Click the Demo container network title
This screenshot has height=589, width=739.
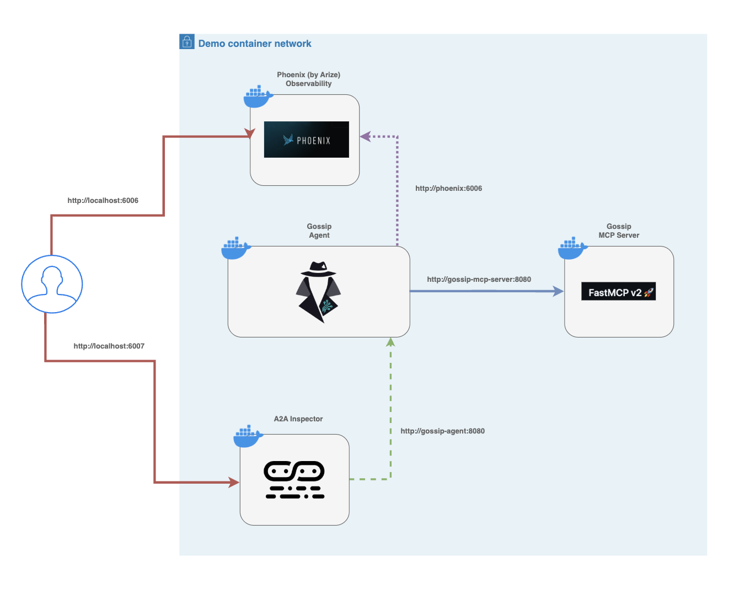[254, 44]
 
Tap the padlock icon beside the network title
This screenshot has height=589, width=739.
[187, 42]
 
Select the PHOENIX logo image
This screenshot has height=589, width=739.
[307, 140]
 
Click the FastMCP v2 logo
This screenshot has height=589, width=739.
[618, 292]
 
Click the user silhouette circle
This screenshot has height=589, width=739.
[52, 284]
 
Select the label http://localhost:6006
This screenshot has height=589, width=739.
[103, 201]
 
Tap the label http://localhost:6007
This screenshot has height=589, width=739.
[109, 346]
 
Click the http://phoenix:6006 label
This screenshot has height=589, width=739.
[448, 189]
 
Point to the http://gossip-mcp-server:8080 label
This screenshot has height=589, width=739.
[479, 280]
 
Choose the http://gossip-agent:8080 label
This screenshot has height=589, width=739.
[442, 431]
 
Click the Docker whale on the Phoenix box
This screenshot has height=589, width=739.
[258, 97]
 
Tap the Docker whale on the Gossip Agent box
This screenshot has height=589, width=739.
[235, 249]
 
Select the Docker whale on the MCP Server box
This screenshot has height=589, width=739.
[572, 249]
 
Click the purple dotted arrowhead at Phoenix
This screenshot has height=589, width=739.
[365, 136]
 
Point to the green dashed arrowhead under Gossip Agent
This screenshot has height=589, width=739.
[390, 342]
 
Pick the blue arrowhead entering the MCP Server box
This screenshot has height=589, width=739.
[558, 291]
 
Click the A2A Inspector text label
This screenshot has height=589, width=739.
[298, 419]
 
